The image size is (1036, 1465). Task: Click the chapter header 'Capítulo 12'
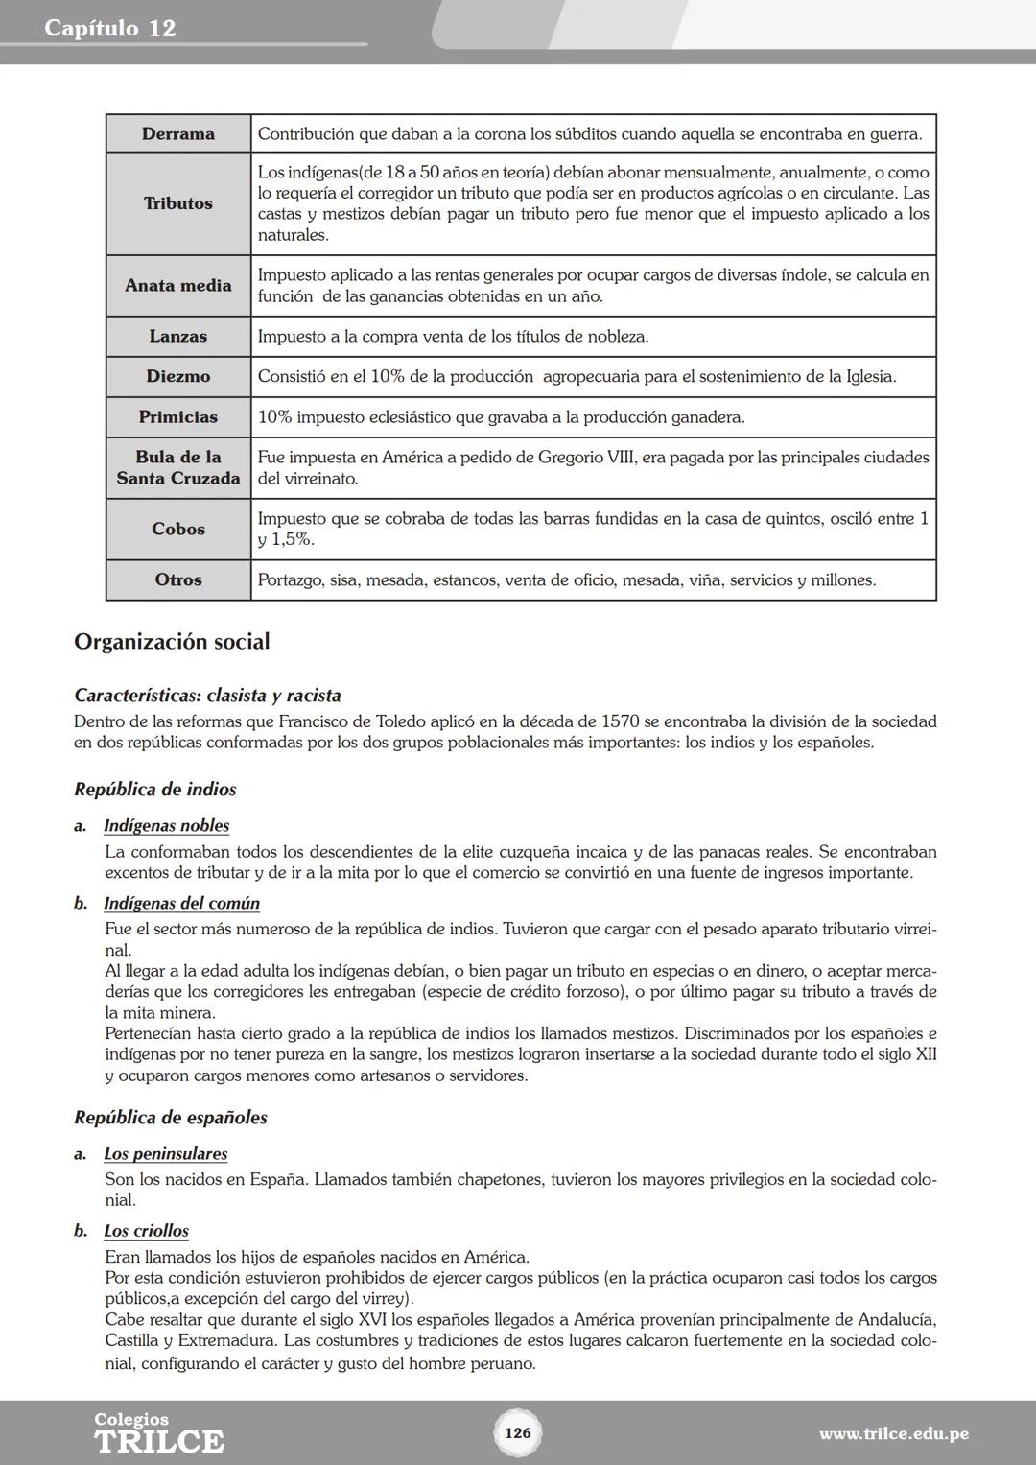pyautogui.click(x=110, y=28)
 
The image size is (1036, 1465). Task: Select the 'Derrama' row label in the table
pyautogui.click(x=178, y=134)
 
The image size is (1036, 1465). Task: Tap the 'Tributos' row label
pyautogui.click(x=178, y=203)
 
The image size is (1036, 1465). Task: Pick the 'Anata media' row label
pyautogui.click(x=178, y=286)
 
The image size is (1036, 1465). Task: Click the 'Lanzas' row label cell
pyautogui.click(x=178, y=337)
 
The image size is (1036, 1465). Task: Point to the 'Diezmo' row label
pyautogui.click(x=178, y=377)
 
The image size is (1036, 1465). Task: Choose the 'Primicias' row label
pyautogui.click(x=178, y=417)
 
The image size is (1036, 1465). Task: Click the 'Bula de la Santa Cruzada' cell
pyautogui.click(x=178, y=468)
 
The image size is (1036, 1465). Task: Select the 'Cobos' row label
pyautogui.click(x=178, y=530)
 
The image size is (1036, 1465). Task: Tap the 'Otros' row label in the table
pyautogui.click(x=178, y=580)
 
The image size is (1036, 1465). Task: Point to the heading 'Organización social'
pyautogui.click(x=172, y=642)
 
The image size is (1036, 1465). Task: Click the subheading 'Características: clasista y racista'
pyautogui.click(x=207, y=696)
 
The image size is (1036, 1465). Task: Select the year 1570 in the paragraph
pyautogui.click(x=620, y=721)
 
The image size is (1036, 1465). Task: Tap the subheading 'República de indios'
pyautogui.click(x=155, y=790)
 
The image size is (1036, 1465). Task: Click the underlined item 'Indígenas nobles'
pyautogui.click(x=167, y=826)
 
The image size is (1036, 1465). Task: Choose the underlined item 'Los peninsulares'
pyautogui.click(x=166, y=1154)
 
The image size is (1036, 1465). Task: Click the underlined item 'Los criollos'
pyautogui.click(x=147, y=1231)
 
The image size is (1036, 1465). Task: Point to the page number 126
pyautogui.click(x=518, y=1433)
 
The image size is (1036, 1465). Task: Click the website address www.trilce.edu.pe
pyautogui.click(x=893, y=1434)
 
